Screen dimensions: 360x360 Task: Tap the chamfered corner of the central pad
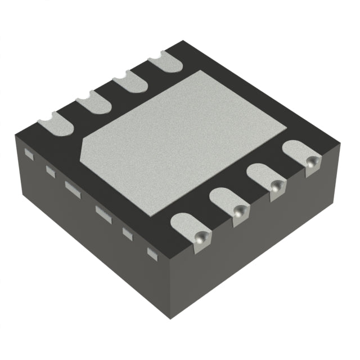(86, 149)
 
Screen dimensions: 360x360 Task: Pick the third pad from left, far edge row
(129, 83)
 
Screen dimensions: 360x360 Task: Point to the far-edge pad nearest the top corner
(166, 61)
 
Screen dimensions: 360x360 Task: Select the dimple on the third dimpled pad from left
(276, 187)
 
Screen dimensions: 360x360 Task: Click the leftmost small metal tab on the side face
(30, 152)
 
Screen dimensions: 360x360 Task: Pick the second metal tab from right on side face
(127, 232)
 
